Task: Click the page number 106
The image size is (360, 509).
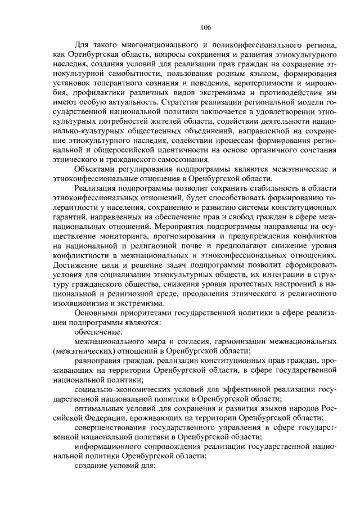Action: click(x=204, y=27)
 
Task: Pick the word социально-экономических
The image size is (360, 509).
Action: click(x=123, y=393)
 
